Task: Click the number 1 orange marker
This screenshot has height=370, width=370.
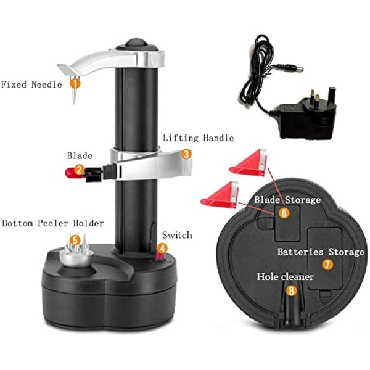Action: (x=75, y=81)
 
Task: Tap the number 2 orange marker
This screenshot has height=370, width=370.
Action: (x=79, y=170)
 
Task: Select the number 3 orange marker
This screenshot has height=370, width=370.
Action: (x=186, y=154)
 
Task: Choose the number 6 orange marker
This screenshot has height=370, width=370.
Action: (x=284, y=212)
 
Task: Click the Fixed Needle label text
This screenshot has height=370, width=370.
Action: (x=31, y=84)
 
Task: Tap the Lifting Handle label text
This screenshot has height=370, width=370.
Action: (x=189, y=138)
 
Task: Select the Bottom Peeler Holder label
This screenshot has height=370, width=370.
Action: (x=52, y=223)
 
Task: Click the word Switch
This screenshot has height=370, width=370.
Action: (x=177, y=235)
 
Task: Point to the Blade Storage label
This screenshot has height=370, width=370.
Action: (x=287, y=200)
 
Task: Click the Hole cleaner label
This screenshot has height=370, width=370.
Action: (x=286, y=277)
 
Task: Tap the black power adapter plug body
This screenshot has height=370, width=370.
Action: (x=313, y=113)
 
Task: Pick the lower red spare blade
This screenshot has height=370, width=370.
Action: (x=220, y=195)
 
